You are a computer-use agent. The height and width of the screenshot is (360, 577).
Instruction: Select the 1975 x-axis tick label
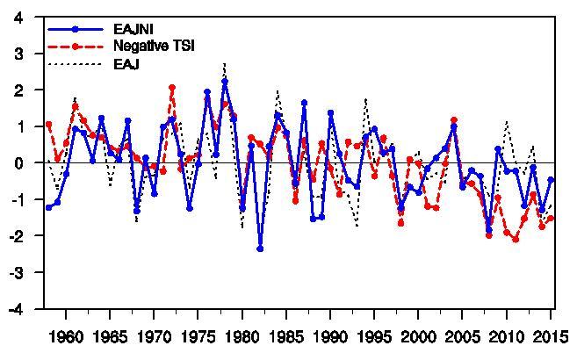198,336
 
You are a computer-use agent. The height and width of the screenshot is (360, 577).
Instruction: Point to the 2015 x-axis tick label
551,336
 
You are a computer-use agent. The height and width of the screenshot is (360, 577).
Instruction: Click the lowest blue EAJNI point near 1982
260,249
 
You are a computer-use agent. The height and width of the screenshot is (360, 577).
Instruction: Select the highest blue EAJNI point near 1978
225,82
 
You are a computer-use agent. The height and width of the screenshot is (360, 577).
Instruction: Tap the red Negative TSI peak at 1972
172,88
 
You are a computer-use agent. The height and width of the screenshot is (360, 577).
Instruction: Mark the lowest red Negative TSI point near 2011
516,239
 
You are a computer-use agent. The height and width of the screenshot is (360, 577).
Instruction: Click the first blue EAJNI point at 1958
48,207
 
